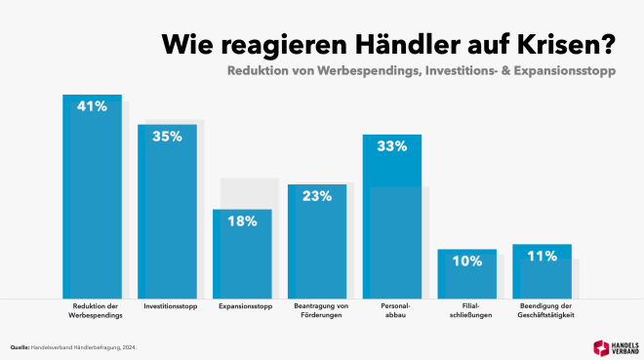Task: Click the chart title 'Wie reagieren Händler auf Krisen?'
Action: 387,43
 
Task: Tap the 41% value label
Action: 92,106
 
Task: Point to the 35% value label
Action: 167,137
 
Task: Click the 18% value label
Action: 242,220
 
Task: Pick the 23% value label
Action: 316,195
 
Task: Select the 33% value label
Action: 391,146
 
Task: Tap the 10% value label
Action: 466,260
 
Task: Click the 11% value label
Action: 542,256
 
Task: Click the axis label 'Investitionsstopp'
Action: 167,306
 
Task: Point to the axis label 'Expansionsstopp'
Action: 242,306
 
